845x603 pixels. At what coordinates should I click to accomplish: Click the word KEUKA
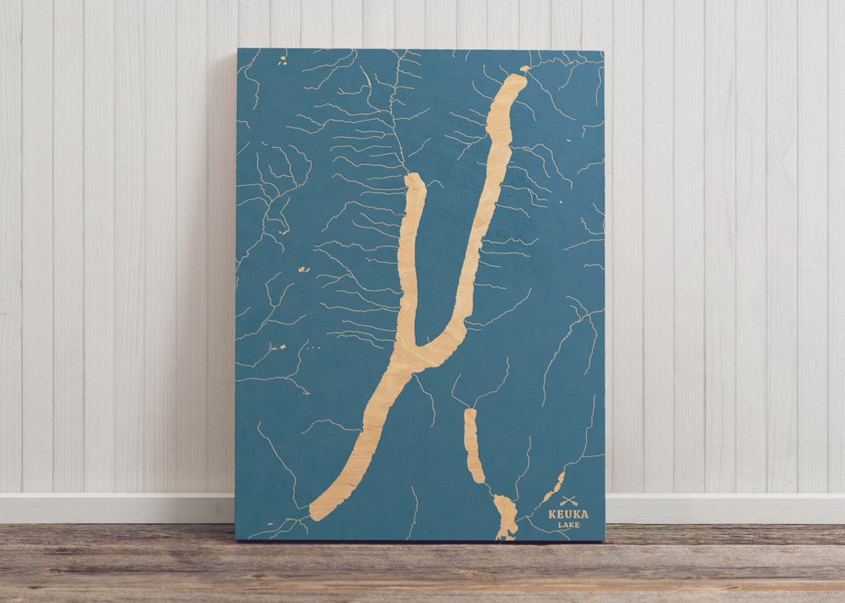[x=568, y=515]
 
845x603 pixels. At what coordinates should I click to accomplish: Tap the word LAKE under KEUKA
[x=569, y=525]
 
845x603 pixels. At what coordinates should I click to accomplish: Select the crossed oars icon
[x=569, y=501]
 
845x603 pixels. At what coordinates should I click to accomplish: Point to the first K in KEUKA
[x=552, y=515]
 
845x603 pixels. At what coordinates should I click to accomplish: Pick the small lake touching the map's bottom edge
[x=505, y=518]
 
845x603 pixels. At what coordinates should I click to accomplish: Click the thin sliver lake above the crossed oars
[x=554, y=486]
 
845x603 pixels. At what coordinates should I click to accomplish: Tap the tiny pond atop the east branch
[x=524, y=69]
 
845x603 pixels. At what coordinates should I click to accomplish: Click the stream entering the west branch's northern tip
[x=405, y=160]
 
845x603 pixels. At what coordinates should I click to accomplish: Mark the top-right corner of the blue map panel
[x=603, y=52]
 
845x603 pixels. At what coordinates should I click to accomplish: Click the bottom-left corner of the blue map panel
[x=236, y=539]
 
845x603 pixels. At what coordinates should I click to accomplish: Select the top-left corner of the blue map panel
[x=238, y=49]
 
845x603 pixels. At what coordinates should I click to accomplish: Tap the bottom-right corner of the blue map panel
[x=604, y=540]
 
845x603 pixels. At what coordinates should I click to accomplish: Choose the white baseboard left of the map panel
[x=117, y=508]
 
